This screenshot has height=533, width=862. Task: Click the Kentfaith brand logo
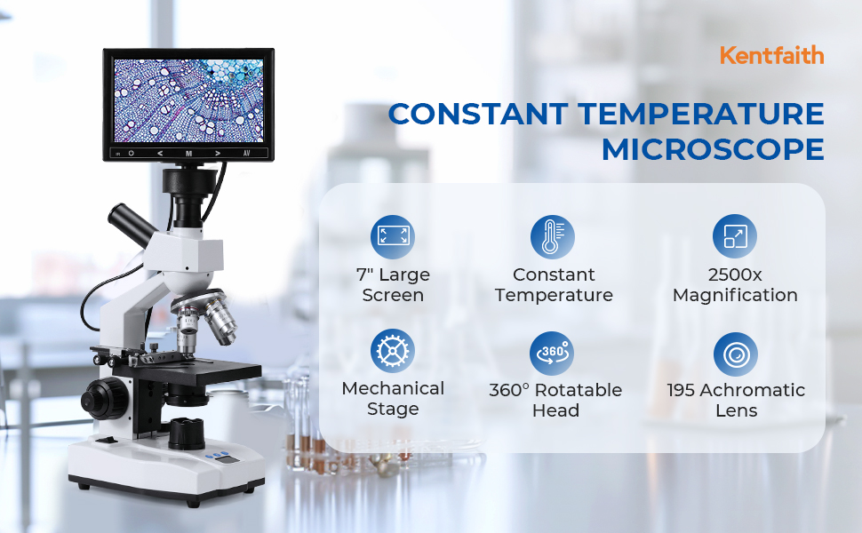[x=772, y=55]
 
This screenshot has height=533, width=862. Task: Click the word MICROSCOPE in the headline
[x=713, y=149]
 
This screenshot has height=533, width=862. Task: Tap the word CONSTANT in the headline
[x=478, y=114]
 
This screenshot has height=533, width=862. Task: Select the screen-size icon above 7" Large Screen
[x=393, y=236]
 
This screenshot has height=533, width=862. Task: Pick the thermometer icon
[x=553, y=236]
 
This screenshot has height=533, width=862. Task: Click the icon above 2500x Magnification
[x=735, y=236]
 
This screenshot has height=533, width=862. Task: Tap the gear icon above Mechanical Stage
[x=393, y=351]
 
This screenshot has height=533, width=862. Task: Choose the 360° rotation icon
[x=552, y=353]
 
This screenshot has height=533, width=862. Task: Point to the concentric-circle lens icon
[x=736, y=354]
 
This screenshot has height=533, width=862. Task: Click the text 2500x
[x=735, y=274]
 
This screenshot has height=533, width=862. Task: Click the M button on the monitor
[x=188, y=154]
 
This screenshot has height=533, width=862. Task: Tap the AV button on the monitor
[x=247, y=154]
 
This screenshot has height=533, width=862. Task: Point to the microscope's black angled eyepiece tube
[x=132, y=224]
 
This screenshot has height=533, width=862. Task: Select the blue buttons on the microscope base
[x=217, y=456]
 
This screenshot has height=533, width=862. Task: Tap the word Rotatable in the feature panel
[x=579, y=390]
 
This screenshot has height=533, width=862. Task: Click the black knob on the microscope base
[x=187, y=433]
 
